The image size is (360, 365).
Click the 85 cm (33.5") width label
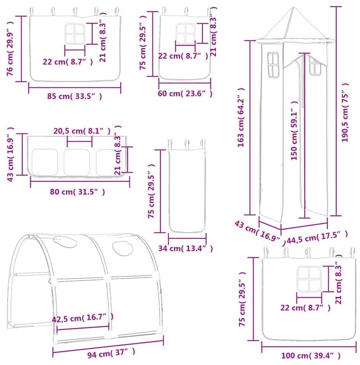click(75, 96)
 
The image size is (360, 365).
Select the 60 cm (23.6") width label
click(185, 94)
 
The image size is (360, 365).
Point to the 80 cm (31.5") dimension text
click(77, 192)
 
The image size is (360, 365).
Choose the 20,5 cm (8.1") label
click(82, 131)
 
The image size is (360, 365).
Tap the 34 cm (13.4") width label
click(186, 248)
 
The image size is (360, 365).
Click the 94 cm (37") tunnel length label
click(112, 353)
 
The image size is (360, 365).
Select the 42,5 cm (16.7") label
click(83, 318)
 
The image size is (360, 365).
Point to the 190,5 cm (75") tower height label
click(345, 113)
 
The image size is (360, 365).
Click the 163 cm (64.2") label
click(241, 117)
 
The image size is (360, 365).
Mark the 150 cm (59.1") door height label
click(294, 130)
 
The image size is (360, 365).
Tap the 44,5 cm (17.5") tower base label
click(317, 237)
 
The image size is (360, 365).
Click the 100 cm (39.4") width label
click(311, 356)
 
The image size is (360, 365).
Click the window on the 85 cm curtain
click(75, 33)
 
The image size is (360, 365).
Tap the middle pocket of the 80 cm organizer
click(76, 162)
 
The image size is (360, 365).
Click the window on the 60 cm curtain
click(185, 33)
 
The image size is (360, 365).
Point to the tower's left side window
click(273, 65)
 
